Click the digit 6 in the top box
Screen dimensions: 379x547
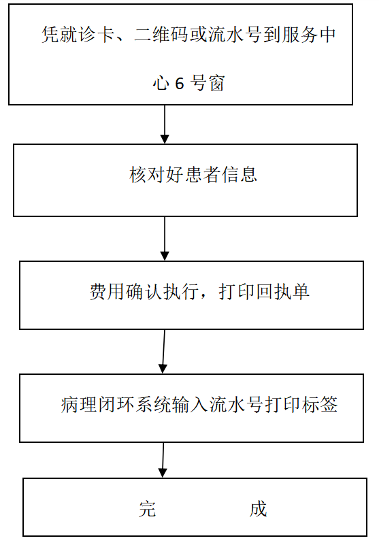tap(180, 84)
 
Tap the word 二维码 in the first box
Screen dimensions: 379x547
tap(161, 35)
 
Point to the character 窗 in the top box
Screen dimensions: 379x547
tap(216, 84)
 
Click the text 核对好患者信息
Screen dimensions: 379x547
tap(193, 175)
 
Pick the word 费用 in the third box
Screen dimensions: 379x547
tap(108, 291)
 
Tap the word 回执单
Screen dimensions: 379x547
tap(282, 291)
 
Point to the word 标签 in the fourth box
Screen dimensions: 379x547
tap(320, 405)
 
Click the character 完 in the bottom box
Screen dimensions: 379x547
tap(147, 509)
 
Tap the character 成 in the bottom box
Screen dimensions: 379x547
tap(259, 509)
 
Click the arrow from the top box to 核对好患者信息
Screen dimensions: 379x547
tap(165, 125)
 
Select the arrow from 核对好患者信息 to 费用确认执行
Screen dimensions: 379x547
tap(165, 239)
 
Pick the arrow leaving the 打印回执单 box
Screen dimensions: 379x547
tap(163, 352)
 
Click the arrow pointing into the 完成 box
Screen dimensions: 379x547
tap(163, 460)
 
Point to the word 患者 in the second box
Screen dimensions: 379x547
tap(202, 175)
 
